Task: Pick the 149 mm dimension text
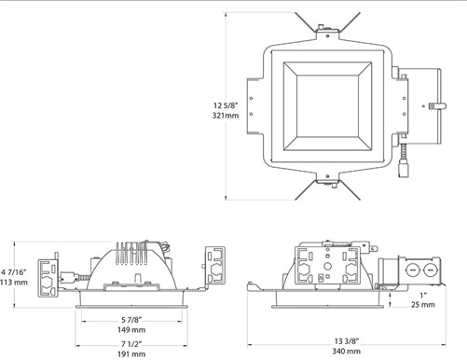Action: pyautogui.click(x=131, y=329)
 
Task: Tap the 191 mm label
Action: pyautogui.click(x=131, y=354)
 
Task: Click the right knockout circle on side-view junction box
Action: pyautogui.click(x=430, y=271)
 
